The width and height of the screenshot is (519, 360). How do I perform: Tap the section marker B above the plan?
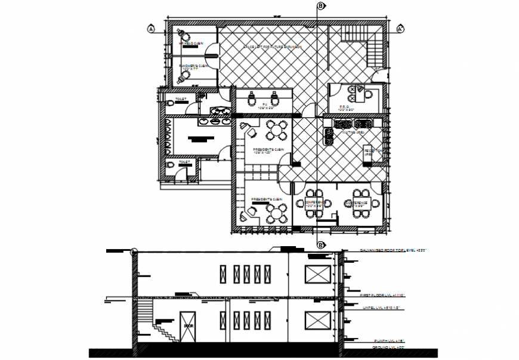(321, 6)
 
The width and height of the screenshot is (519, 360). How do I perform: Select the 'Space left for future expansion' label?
(271, 46)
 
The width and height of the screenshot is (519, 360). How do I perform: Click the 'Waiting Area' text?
(352, 134)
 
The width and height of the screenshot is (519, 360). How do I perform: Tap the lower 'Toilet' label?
(184, 162)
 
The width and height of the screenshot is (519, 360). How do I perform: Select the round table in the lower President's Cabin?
(276, 212)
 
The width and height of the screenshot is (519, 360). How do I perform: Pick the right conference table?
(361, 203)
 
